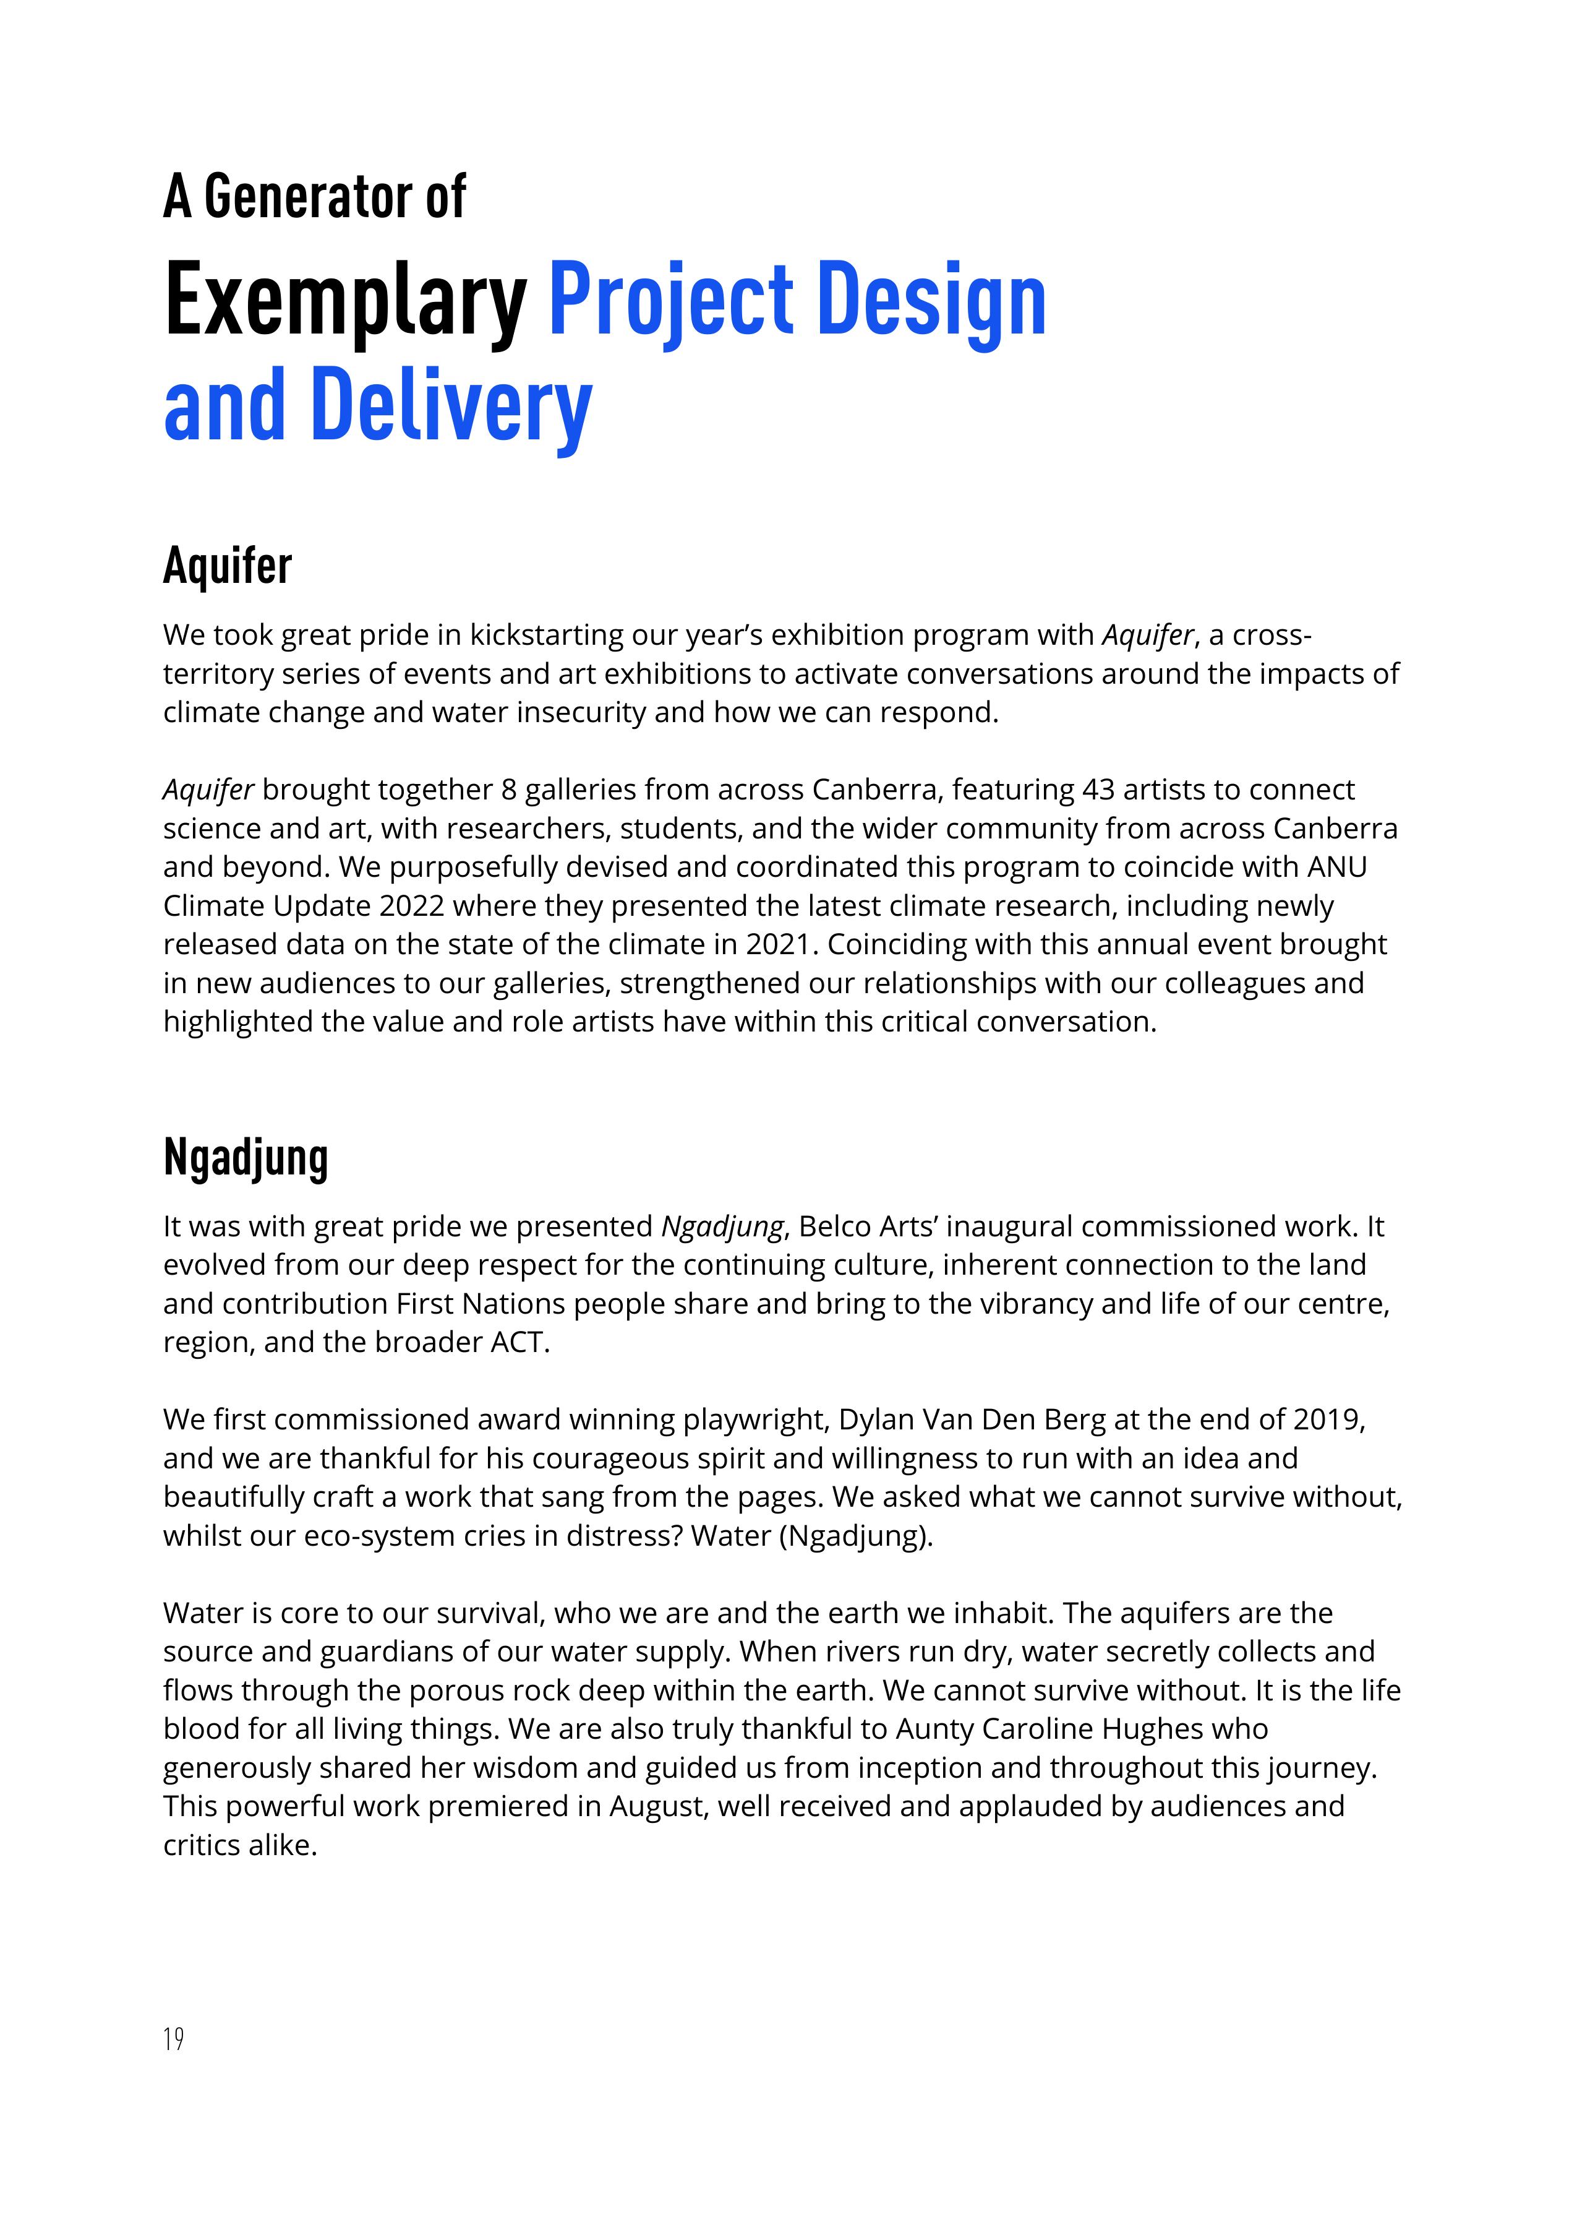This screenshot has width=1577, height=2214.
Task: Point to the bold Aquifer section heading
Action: click(x=227, y=566)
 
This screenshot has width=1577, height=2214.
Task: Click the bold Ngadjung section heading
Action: click(x=246, y=1157)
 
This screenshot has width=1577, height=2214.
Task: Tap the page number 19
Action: click(x=174, y=2038)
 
